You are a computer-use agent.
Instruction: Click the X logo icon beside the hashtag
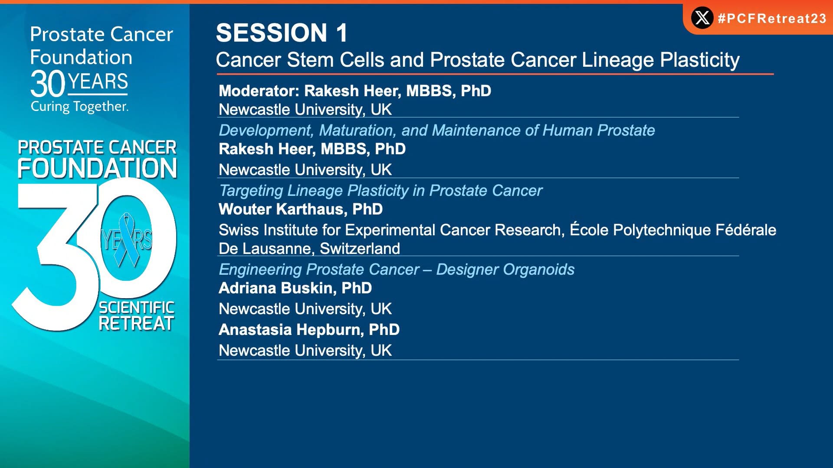pos(702,18)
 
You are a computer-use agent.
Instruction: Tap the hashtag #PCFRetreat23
pos(772,18)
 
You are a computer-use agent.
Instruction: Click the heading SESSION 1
pos(282,32)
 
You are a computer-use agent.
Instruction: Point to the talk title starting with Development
pos(437,130)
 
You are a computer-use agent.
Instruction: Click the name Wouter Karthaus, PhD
pos(301,209)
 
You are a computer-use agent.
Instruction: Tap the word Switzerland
pos(360,249)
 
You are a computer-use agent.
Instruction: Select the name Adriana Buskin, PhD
pos(295,288)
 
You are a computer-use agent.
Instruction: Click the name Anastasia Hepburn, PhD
pos(309,330)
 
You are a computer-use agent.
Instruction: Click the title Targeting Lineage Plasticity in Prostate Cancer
pos(380,191)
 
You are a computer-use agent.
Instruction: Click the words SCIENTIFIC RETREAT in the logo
pos(136,316)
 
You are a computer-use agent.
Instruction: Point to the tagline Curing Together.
pos(79,107)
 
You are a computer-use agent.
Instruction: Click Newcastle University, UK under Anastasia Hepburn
pos(305,351)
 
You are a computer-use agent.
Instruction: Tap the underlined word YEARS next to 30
pos(98,82)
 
